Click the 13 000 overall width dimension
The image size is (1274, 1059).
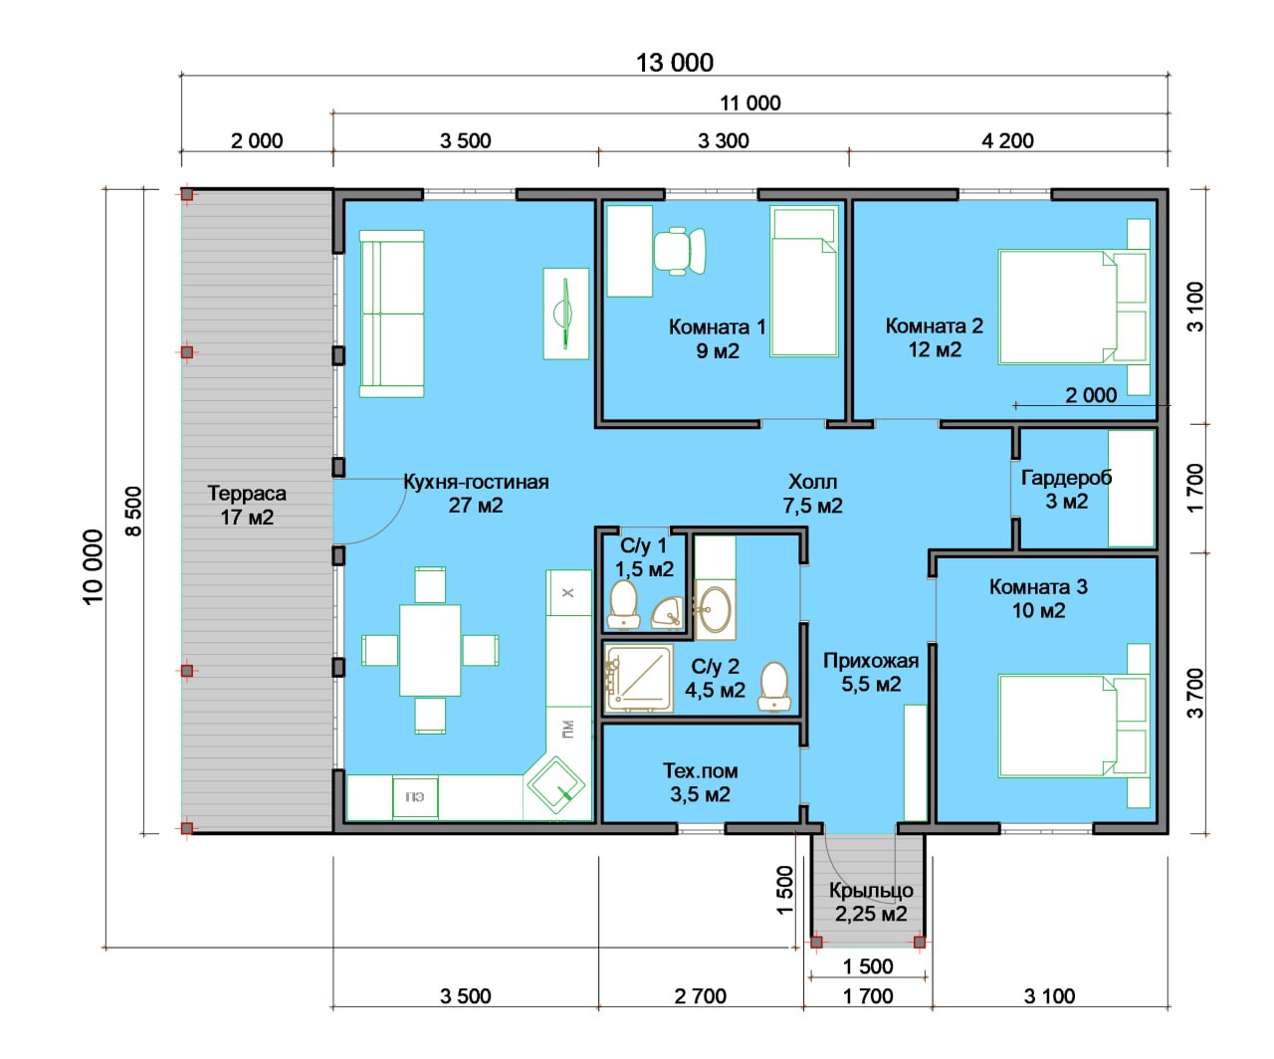pyautogui.click(x=674, y=63)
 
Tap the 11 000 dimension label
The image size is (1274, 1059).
pyautogui.click(x=749, y=104)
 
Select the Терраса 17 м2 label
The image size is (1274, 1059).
pyautogui.click(x=247, y=505)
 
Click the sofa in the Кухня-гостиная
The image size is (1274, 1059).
pyautogui.click(x=392, y=314)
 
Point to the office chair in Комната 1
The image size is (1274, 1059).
pyautogui.click(x=679, y=251)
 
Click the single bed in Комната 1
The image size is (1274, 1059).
pyautogui.click(x=803, y=282)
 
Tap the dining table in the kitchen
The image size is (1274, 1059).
pyautogui.click(x=430, y=650)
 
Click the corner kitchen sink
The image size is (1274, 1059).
pyautogui.click(x=555, y=785)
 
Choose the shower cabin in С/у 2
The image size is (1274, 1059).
pyautogui.click(x=639, y=679)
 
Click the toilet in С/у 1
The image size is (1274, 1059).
pyautogui.click(x=624, y=604)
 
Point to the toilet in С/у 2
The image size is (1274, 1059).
pyautogui.click(x=774, y=688)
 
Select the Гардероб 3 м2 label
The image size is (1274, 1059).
pyautogui.click(x=1067, y=490)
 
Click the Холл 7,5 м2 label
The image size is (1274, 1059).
pyautogui.click(x=813, y=494)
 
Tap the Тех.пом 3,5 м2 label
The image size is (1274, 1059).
pyautogui.click(x=701, y=782)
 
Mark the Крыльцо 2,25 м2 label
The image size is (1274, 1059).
pyautogui.click(x=871, y=902)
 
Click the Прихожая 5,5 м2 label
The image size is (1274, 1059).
pyautogui.click(x=871, y=672)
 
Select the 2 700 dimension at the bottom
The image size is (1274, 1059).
pyautogui.click(x=700, y=996)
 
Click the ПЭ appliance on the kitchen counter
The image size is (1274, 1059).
pyautogui.click(x=415, y=797)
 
